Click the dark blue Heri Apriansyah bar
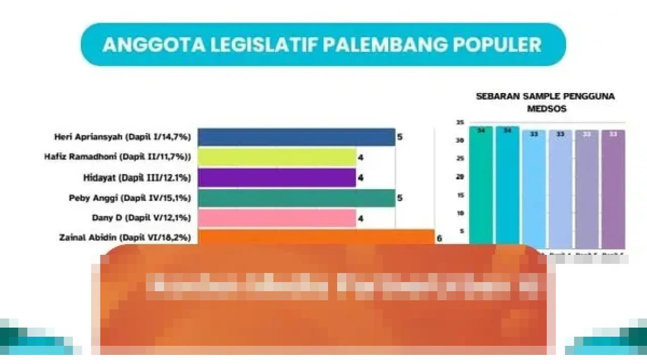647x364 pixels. click(296, 137)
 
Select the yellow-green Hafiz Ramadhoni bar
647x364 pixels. click(277, 157)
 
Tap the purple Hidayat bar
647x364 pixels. click(277, 177)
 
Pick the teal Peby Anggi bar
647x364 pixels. click(296, 198)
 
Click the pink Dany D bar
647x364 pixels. click(277, 218)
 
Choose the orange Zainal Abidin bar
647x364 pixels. click(316, 237)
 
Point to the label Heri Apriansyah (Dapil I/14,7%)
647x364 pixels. click(123, 137)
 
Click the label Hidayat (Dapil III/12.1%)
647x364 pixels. click(136, 177)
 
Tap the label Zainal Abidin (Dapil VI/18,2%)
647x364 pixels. click(125, 237)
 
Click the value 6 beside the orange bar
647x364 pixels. click(439, 238)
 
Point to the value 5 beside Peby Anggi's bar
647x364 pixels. click(400, 198)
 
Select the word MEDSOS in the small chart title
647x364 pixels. click(546, 109)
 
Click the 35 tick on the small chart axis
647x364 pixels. click(459, 122)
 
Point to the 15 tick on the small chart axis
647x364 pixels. click(459, 195)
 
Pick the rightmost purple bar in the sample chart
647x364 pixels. click(613, 187)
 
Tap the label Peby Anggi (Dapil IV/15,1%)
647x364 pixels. click(130, 198)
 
